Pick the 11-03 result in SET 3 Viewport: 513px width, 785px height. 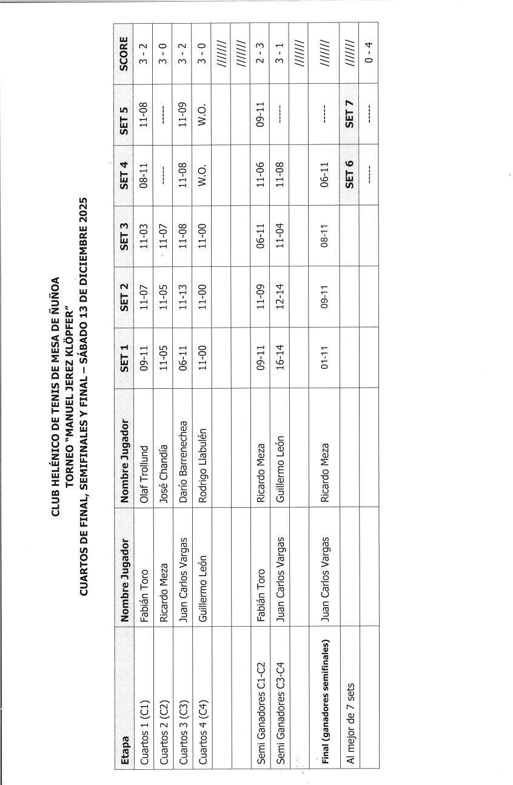click(x=144, y=236)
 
